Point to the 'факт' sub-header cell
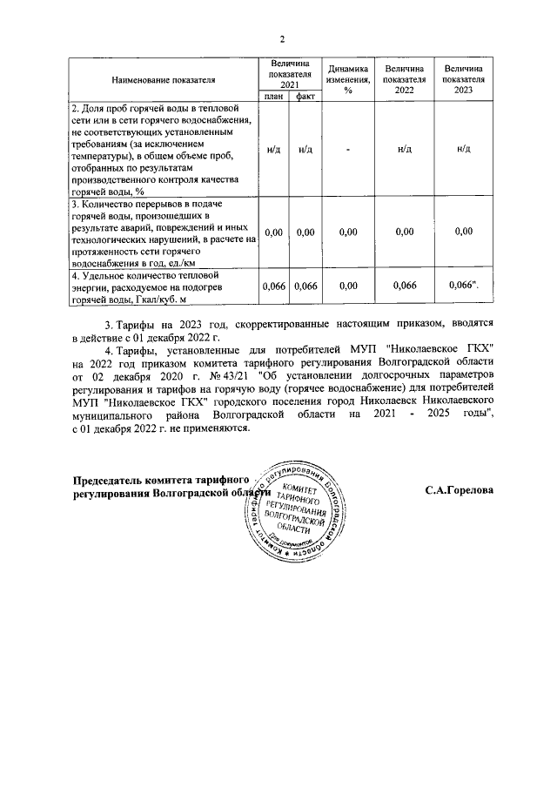coord(305,97)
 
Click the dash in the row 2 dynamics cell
coord(347,150)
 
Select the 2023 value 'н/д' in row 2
coord(464,150)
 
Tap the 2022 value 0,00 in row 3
coord(404,232)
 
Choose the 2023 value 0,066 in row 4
coord(463,285)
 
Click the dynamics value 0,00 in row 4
coord(347,285)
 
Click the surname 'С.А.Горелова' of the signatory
coord(459,490)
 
